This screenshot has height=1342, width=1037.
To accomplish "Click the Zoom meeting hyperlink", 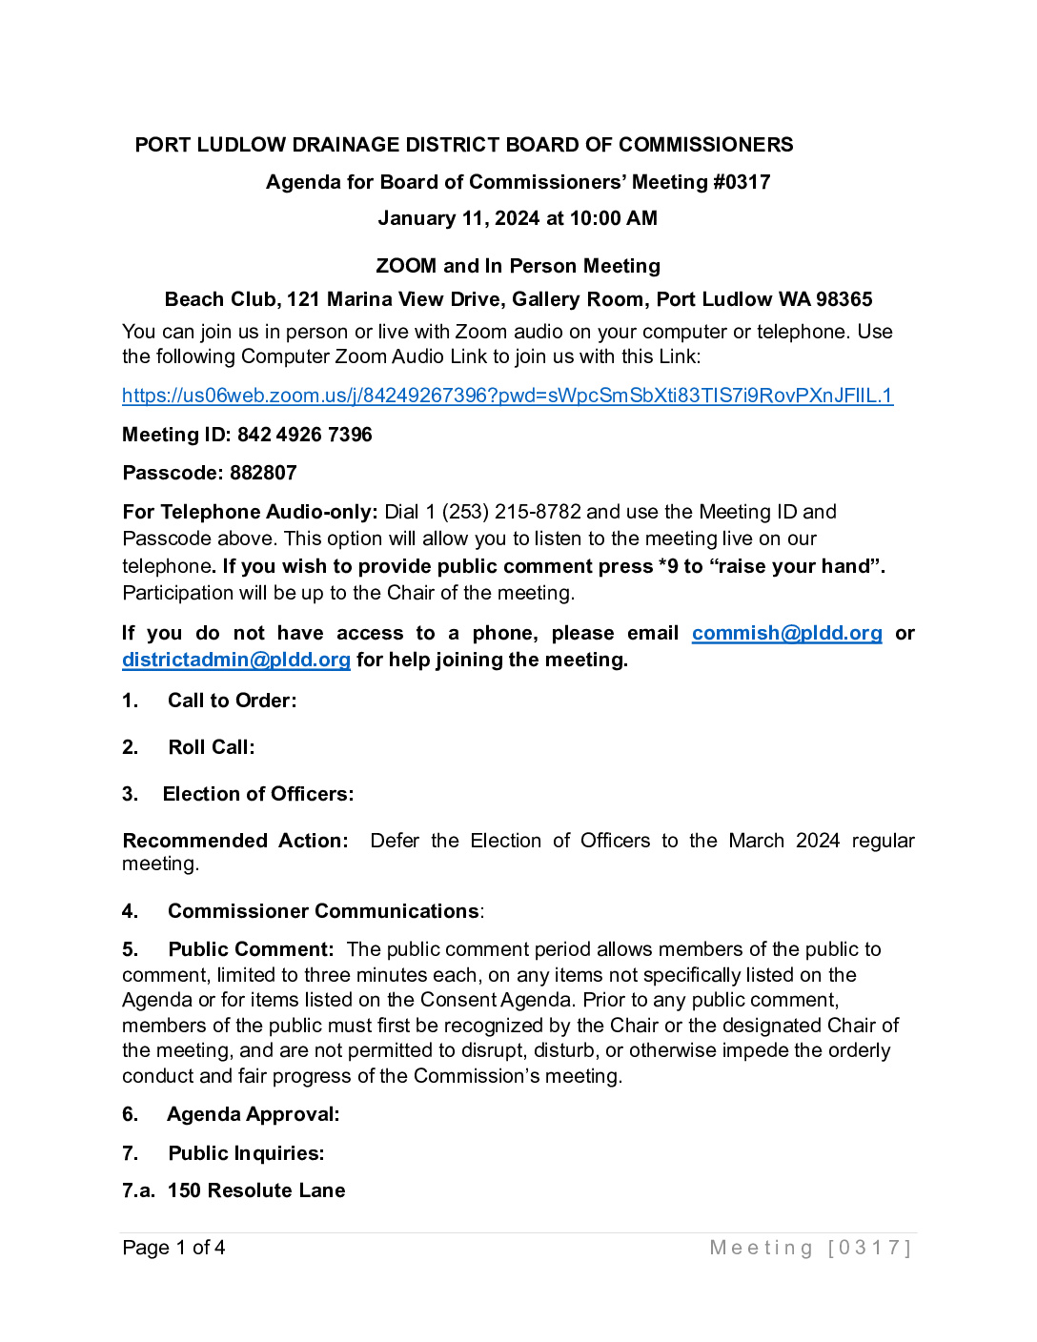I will [507, 396].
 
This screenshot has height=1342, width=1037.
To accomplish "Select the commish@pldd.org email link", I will [786, 634].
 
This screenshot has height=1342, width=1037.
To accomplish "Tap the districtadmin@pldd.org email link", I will [236, 660].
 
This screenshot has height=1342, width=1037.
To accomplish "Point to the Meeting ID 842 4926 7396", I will [305, 435].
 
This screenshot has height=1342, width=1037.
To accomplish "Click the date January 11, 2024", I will [458, 218].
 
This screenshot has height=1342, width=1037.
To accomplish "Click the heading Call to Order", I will [232, 701].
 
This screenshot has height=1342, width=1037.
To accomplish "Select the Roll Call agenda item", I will [212, 747].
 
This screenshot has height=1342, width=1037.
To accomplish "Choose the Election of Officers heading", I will [258, 794].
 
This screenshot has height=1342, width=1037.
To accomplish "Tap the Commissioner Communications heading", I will [323, 911].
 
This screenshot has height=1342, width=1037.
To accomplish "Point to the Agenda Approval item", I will [253, 1114].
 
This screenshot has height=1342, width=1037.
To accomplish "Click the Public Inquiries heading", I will [246, 1153].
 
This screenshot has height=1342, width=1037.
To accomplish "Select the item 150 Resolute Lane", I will [256, 1190].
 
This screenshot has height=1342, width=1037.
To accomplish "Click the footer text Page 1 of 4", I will [173, 1248].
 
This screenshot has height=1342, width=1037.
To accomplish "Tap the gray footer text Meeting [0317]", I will [810, 1248].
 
